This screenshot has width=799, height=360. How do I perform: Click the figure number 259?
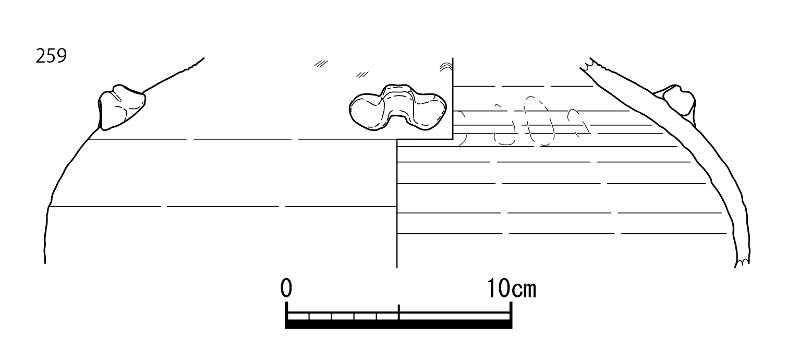[51, 56]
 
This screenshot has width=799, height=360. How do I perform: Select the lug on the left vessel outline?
[122, 107]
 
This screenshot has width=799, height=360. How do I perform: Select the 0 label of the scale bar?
[286, 288]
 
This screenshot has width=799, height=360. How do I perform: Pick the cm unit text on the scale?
[524, 290]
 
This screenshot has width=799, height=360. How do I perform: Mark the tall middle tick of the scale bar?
[399, 312]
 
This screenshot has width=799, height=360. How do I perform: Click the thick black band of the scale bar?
[399, 324]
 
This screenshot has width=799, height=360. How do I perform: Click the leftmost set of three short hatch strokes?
[321, 64]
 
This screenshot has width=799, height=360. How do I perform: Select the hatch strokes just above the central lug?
[362, 75]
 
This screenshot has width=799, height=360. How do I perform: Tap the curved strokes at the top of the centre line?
[446, 67]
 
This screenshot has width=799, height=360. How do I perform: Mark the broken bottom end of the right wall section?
[742, 262]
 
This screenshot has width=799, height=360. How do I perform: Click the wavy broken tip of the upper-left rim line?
[195, 64]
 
